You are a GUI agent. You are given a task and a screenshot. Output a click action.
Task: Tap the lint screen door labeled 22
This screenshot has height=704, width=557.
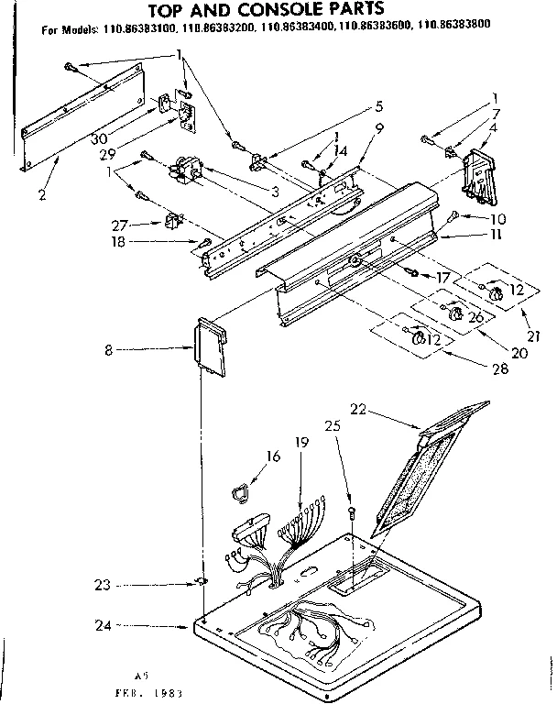pos(431,467)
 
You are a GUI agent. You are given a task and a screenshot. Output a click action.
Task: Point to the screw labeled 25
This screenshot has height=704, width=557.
pos(352,511)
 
